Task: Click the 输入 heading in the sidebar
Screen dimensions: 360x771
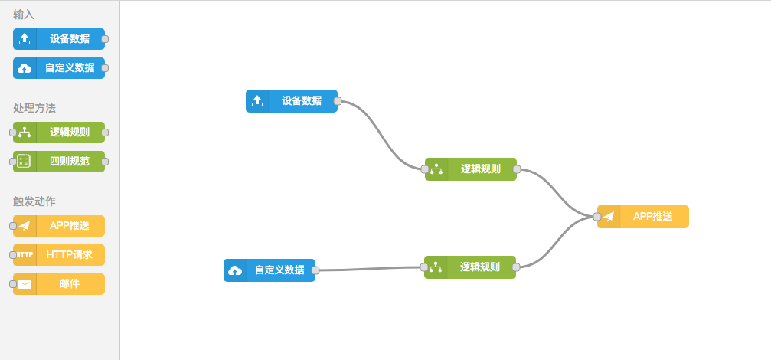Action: [24, 15]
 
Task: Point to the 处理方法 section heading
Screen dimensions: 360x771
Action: [34, 109]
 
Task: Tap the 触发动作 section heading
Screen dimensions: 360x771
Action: [34, 201]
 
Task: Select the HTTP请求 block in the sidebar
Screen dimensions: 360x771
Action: [69, 255]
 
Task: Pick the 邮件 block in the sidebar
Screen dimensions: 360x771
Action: [69, 284]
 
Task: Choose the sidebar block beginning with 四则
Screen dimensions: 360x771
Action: [69, 162]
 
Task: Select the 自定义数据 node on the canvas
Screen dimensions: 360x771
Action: [279, 270]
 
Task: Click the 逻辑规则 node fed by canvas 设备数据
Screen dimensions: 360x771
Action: [480, 169]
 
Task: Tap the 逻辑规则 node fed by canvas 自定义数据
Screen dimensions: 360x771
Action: [479, 267]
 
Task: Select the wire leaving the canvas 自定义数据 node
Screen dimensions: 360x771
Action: [368, 269]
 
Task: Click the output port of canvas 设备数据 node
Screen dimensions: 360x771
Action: [338, 101]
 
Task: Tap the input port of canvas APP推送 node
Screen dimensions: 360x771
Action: [597, 217]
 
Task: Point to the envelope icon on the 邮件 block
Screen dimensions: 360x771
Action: [25, 284]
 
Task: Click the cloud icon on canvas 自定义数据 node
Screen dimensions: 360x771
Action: [236, 270]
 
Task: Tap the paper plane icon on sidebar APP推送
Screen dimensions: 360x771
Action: [25, 226]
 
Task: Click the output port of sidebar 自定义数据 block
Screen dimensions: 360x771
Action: [105, 68]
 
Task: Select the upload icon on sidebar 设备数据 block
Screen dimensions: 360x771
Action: [25, 39]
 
